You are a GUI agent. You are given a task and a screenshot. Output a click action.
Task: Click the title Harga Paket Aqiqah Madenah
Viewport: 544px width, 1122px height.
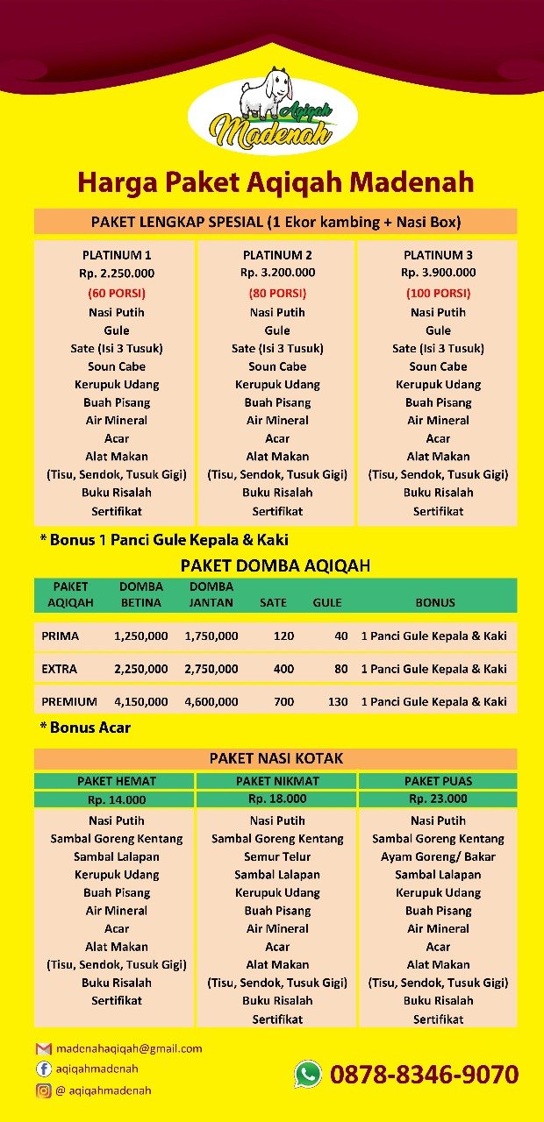pyautogui.click(x=276, y=182)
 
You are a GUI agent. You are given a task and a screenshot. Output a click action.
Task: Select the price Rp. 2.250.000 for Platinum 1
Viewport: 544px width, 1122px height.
pyautogui.click(x=117, y=273)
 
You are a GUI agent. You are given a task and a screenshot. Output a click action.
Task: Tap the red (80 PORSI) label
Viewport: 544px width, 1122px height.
pyautogui.click(x=277, y=293)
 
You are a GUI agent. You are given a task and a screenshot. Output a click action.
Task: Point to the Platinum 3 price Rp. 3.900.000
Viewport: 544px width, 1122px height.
pyautogui.click(x=438, y=273)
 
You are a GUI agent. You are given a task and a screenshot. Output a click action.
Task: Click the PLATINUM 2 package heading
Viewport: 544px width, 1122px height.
pyautogui.click(x=277, y=255)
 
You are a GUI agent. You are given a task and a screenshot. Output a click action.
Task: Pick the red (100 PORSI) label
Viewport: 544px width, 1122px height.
pyautogui.click(x=438, y=293)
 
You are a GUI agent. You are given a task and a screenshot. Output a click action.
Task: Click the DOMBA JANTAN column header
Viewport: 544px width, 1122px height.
pyautogui.click(x=211, y=594)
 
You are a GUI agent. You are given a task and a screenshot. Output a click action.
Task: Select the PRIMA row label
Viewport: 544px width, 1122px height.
pyautogui.click(x=60, y=636)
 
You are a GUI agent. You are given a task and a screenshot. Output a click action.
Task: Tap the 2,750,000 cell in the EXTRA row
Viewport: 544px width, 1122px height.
pyautogui.click(x=211, y=669)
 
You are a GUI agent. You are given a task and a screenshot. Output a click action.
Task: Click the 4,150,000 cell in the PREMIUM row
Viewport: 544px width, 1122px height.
pyautogui.click(x=141, y=701)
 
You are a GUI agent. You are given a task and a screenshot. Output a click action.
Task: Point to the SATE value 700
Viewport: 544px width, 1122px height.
pyautogui.click(x=283, y=701)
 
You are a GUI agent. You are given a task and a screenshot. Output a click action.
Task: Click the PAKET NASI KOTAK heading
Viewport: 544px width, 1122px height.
pyautogui.click(x=276, y=758)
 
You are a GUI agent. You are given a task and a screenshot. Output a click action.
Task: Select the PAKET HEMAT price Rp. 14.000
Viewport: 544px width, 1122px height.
pyautogui.click(x=117, y=799)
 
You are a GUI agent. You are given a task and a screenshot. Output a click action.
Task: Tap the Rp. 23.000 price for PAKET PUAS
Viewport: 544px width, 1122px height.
pyautogui.click(x=438, y=799)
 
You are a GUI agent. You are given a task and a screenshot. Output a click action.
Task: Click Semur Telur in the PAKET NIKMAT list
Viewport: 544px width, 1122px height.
pyautogui.click(x=277, y=856)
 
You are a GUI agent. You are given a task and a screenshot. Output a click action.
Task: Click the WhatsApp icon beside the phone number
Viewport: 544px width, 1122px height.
pyautogui.click(x=308, y=1074)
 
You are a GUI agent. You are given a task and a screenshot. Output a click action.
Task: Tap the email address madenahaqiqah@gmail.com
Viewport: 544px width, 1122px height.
pyautogui.click(x=129, y=1048)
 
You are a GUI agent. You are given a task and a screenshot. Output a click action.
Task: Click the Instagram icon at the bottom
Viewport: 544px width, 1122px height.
pyautogui.click(x=43, y=1090)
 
